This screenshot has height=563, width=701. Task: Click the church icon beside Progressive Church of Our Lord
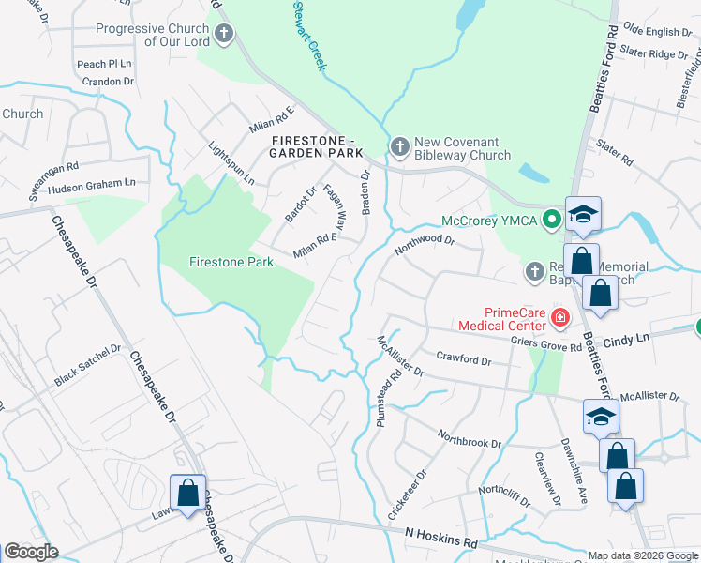223,36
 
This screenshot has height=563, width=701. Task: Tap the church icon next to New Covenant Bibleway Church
400,147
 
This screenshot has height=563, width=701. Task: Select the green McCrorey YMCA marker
552,221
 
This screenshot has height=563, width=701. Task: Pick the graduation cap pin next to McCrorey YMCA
582,215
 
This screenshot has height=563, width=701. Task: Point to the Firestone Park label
231,262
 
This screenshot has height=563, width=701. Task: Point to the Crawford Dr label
464,359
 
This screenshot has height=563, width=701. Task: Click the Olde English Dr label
657,32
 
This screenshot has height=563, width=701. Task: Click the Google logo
31,552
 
